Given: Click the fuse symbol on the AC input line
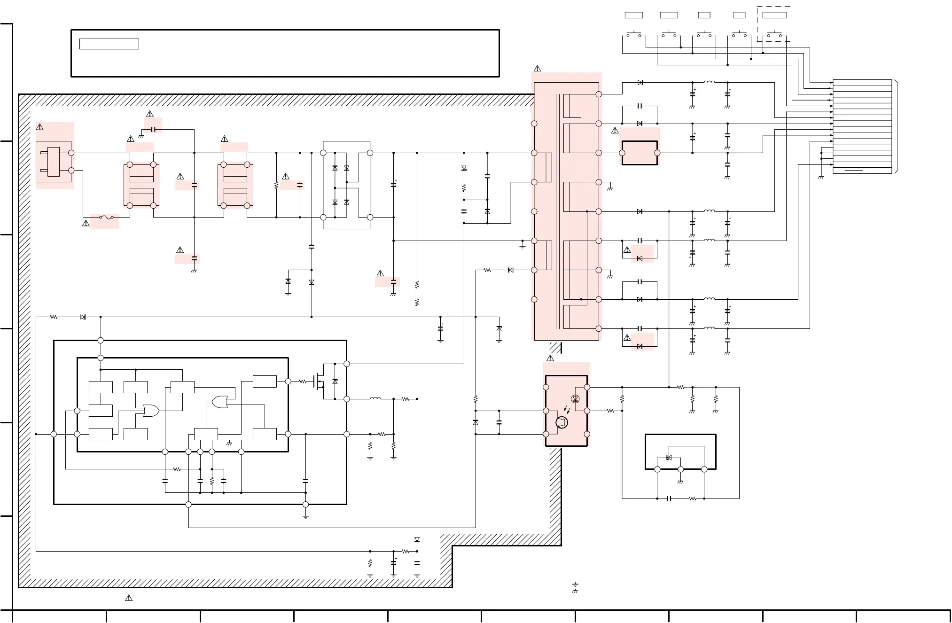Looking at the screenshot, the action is click(106, 218).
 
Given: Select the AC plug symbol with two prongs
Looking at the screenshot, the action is click(54, 162).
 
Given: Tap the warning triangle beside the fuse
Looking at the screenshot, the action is click(86, 223).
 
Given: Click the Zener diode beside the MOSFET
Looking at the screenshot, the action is click(335, 382).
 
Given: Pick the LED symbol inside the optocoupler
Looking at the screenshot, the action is click(575, 399).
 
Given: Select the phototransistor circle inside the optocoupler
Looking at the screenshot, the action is click(562, 422).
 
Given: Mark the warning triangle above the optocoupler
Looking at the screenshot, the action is click(550, 358).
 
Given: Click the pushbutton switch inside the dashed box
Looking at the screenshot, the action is click(774, 35).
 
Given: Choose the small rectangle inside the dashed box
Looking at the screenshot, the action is click(774, 15).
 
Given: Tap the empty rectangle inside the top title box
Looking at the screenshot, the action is click(109, 44).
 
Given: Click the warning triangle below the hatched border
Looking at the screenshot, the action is click(129, 598).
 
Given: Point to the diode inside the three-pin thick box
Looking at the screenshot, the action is click(669, 458).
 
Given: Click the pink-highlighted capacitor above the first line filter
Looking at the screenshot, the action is click(153, 129).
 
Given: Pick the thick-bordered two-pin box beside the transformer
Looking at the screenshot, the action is click(640, 153).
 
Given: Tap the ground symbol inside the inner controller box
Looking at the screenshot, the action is click(229, 444).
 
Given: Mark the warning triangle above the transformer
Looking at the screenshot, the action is click(537, 69).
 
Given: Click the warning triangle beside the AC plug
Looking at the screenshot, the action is click(40, 127).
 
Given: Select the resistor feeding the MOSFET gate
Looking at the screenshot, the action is click(303, 382).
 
